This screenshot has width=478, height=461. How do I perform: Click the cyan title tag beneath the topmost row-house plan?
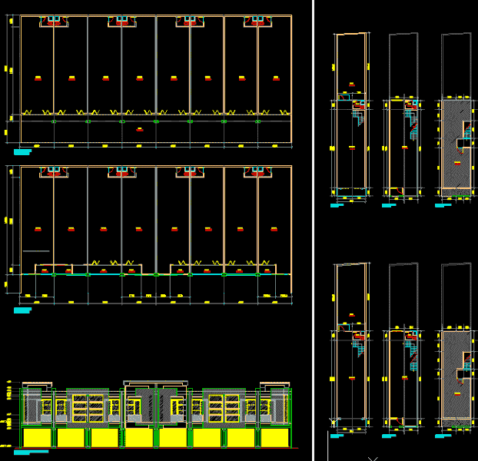[23, 151]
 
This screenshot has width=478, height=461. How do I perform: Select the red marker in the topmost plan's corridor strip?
[139, 130]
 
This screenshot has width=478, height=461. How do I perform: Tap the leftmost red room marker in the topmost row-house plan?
[38, 78]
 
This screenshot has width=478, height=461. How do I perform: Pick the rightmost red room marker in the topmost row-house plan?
[275, 78]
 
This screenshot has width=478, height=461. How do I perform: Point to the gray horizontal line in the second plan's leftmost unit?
[36, 251]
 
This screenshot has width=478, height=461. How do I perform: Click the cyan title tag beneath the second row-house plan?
[23, 310]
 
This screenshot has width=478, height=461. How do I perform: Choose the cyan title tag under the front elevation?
[31, 452]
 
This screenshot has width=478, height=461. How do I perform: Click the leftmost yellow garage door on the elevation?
[37, 438]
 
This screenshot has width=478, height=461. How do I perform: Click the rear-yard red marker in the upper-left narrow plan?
[351, 84]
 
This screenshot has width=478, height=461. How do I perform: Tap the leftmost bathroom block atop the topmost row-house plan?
[54, 22]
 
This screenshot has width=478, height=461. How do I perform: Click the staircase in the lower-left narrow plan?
[358, 350]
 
